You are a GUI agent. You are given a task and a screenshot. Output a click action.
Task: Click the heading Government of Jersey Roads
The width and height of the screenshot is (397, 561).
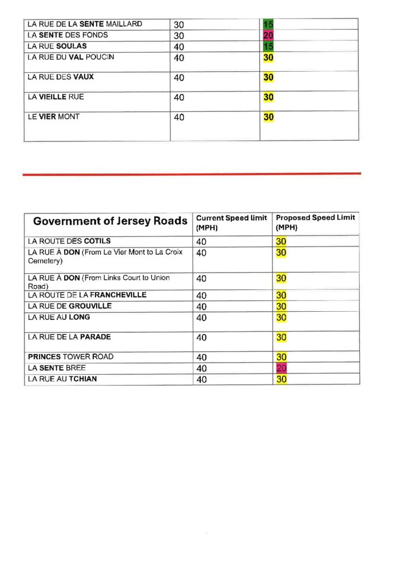pyautogui.click(x=110, y=221)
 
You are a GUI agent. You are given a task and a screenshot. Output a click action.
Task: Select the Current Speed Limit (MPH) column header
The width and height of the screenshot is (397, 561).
pyautogui.click(x=231, y=222)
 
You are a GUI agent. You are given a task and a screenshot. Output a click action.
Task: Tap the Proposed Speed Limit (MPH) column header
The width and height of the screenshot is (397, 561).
pyautogui.click(x=315, y=222)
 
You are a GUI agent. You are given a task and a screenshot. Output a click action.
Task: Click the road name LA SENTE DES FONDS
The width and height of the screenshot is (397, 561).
pyautogui.click(x=68, y=35)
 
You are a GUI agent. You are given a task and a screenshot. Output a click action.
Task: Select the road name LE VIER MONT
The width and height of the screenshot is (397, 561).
pyautogui.click(x=53, y=117)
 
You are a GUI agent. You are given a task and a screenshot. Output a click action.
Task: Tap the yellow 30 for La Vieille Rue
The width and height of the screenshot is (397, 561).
pyautogui.click(x=268, y=98)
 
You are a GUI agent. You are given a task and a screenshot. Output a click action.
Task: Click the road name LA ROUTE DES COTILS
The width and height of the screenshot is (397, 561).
pyautogui.click(x=69, y=241)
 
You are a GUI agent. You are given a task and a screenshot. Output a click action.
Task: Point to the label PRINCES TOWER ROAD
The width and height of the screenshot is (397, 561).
pyautogui.click(x=71, y=357)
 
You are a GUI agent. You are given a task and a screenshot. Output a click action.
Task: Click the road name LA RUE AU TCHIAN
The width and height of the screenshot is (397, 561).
pyautogui.click(x=62, y=379)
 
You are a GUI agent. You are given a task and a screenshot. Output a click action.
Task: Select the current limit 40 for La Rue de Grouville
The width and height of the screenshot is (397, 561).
pyautogui.click(x=201, y=306)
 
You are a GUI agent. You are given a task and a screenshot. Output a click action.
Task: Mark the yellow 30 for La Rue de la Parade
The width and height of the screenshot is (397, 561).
pyautogui.click(x=281, y=337)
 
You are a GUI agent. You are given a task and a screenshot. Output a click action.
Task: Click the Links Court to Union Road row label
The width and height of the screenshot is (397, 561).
pyautogui.click(x=99, y=281)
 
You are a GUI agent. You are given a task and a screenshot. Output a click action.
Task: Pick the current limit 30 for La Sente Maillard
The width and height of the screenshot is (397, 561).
pyautogui.click(x=179, y=25)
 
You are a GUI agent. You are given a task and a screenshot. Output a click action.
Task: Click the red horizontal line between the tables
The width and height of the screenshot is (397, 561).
pyautogui.click(x=192, y=174)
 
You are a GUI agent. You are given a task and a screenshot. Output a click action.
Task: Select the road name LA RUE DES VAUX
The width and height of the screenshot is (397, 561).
pyautogui.click(x=60, y=77)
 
